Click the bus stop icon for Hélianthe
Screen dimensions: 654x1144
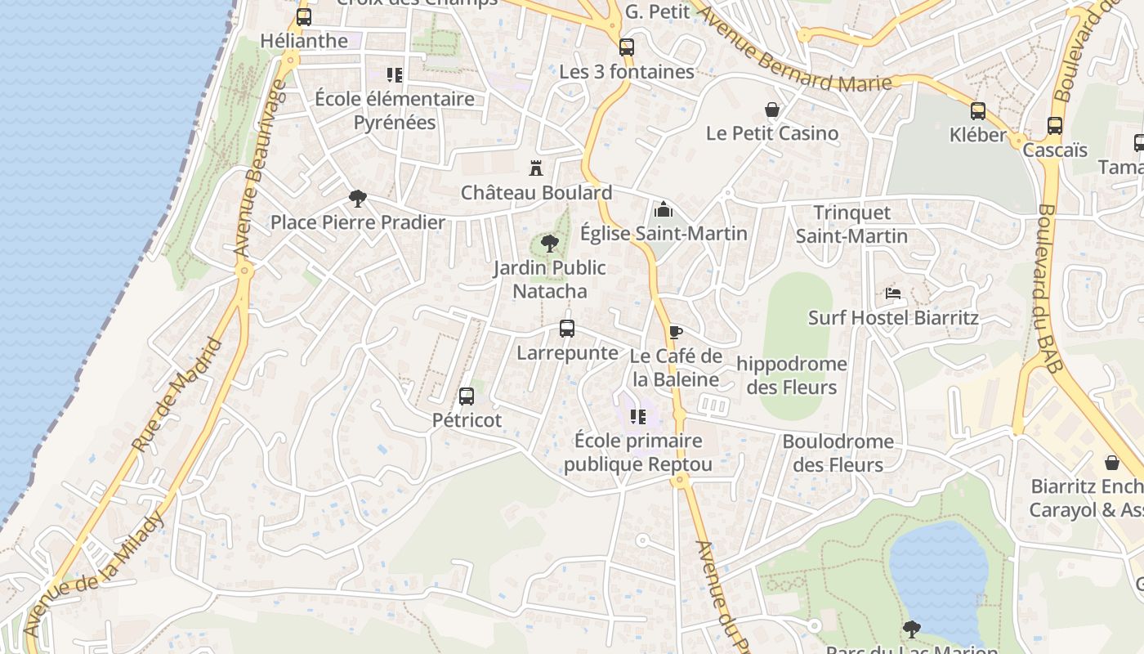click(x=304, y=17)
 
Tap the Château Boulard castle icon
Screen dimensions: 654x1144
click(x=536, y=169)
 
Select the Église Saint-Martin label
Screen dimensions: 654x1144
click(x=664, y=234)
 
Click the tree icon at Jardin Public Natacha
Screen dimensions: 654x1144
click(x=550, y=243)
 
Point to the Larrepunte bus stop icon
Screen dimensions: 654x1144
click(x=567, y=329)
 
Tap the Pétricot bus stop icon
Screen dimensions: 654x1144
click(x=467, y=396)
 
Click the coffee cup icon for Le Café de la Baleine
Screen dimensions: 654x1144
click(x=675, y=332)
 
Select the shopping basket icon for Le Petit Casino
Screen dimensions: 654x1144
click(x=771, y=110)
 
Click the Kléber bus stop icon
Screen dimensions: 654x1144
click(x=978, y=111)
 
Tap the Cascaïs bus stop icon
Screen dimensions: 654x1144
click(x=1055, y=126)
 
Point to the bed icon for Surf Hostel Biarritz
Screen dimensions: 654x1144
click(x=893, y=293)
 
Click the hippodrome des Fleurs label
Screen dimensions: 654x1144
click(x=792, y=375)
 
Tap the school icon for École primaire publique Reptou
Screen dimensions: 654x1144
click(x=638, y=417)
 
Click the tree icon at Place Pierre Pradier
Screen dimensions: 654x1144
click(x=357, y=198)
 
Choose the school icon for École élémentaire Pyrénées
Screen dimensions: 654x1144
click(x=395, y=75)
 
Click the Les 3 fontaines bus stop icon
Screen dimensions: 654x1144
click(x=627, y=47)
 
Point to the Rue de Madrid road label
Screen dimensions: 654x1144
click(x=177, y=396)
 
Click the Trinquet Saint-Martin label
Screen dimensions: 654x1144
click(x=851, y=224)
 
